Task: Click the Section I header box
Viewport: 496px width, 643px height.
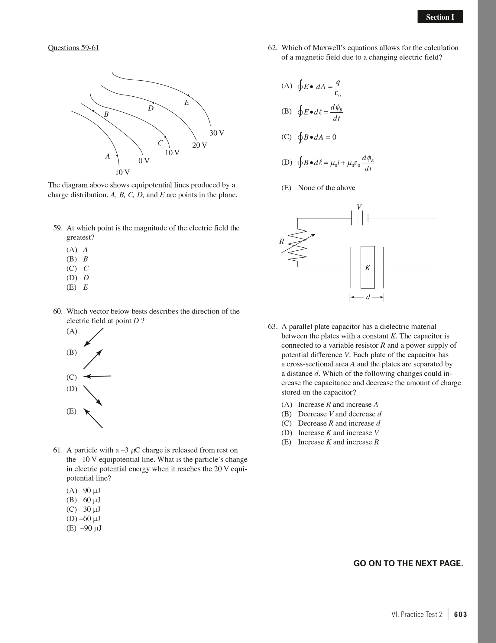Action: (440, 17)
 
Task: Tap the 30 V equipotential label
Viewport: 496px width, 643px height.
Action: (217, 133)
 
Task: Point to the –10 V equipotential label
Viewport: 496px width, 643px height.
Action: (120, 172)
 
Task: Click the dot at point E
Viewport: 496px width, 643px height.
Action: (188, 95)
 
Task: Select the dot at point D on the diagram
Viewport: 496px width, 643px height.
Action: (153, 103)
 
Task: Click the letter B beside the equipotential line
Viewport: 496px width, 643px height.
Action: (106, 114)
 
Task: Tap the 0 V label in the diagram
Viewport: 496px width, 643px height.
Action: (144, 161)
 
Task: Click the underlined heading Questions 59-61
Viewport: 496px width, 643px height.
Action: (73, 48)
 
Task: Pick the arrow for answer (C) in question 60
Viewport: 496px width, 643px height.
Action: (97, 376)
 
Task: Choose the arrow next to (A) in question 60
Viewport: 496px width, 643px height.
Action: (93, 337)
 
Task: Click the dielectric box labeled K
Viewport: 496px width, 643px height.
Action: (368, 267)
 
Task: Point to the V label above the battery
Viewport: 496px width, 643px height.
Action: (359, 207)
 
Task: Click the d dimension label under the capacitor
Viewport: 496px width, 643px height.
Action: (368, 297)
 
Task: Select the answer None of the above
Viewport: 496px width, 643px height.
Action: (326, 188)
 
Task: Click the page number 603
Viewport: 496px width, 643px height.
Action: (460, 614)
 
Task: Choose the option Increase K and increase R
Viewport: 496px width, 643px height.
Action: (338, 442)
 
